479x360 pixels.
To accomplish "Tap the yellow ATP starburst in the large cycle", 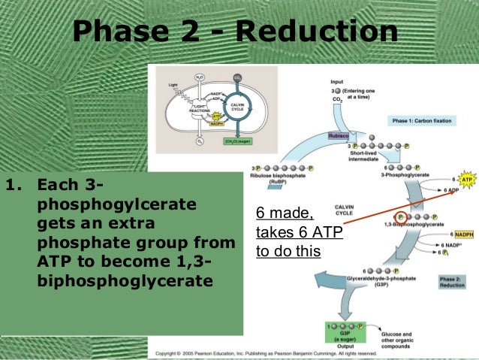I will [465, 180].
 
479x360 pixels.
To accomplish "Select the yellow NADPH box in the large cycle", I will [462, 234].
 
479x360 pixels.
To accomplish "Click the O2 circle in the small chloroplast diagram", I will [200, 140].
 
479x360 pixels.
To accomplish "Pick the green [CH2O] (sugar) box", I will [236, 141].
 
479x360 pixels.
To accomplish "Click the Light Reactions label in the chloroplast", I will [200, 108].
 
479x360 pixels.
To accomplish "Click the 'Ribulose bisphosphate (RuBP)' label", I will [279, 180].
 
